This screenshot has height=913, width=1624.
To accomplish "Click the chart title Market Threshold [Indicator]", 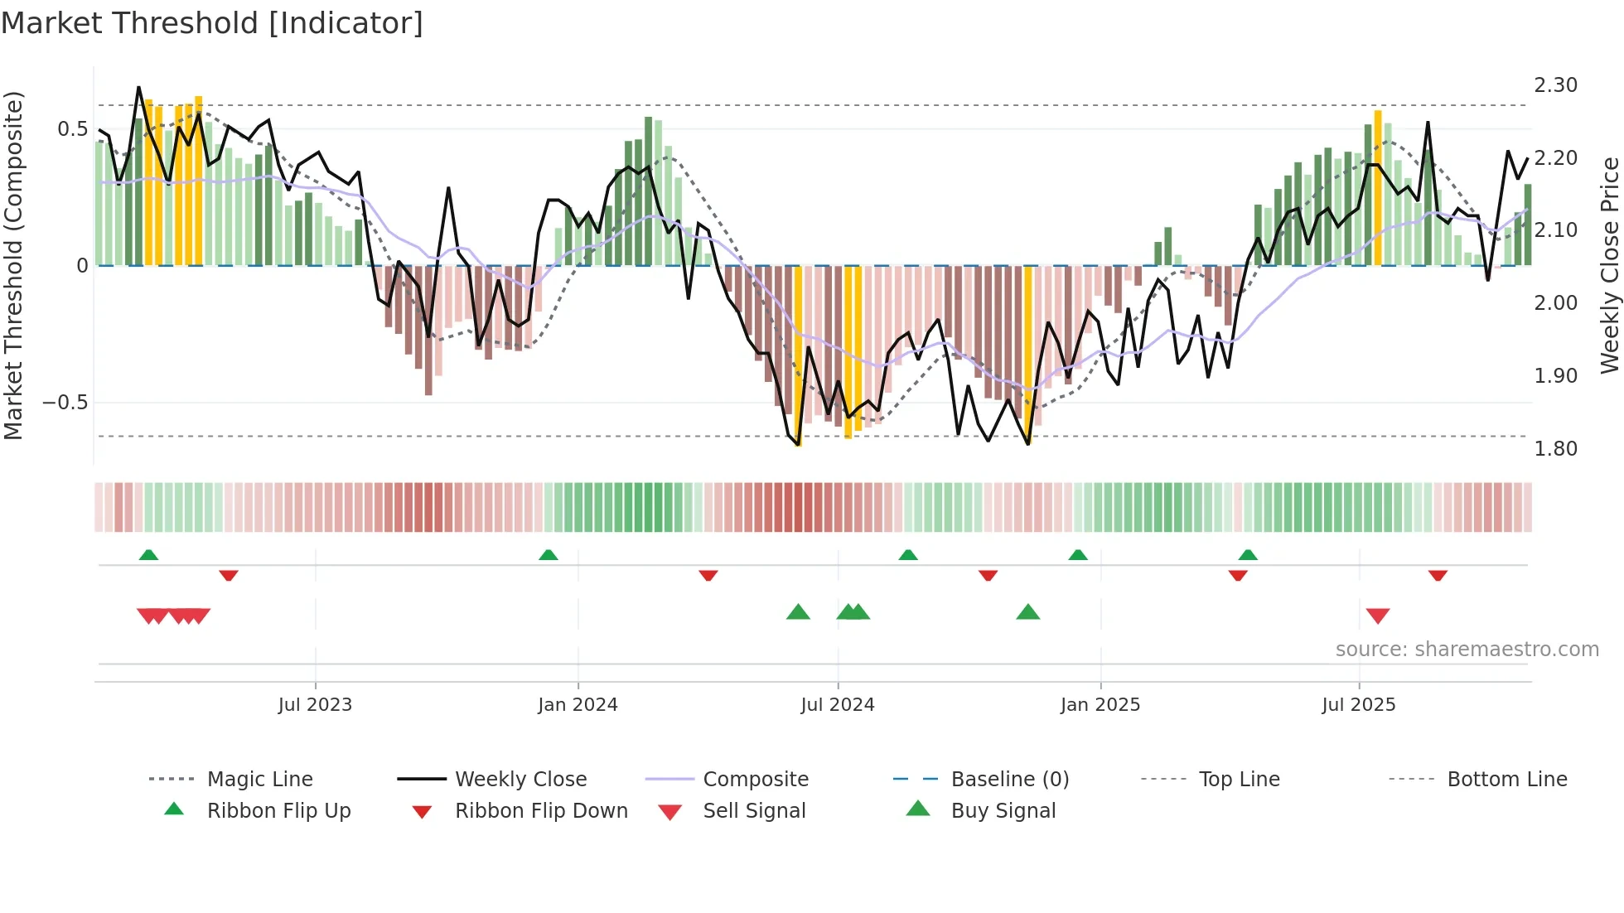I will coord(212,23).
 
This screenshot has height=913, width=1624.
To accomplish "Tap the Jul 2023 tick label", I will coord(315,705).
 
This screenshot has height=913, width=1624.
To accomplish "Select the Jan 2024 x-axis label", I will coord(578,705).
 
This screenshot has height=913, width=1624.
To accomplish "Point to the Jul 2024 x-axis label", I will coord(838,705).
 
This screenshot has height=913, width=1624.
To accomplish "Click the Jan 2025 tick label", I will coord(1100,705).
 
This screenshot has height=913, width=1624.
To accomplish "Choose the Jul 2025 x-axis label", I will coord(1359,705).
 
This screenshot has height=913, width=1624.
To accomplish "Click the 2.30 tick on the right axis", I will coord(1555,85).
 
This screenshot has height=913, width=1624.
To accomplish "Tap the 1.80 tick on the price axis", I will coord(1555,449).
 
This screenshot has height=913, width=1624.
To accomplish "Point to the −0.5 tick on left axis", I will coord(65,403).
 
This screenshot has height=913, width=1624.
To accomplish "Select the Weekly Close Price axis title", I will coord(1609,265).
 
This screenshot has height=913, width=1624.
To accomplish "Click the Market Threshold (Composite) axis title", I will coord(13,265).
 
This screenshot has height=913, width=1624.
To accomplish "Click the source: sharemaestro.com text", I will coord(1467,650).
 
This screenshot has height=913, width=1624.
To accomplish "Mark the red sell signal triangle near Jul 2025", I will coord(1378,616).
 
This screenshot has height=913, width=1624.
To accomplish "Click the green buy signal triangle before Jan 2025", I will coord(1027,612).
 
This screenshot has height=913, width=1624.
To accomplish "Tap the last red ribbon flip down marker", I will coord(1438,575).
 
